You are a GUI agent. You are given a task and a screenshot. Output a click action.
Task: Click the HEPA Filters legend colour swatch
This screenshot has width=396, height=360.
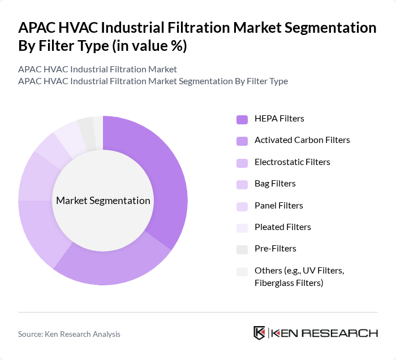(242, 119)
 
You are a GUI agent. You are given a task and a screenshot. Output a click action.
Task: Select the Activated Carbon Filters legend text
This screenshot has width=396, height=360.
(302, 140)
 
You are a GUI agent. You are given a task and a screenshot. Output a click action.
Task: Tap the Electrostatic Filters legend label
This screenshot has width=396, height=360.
(292, 162)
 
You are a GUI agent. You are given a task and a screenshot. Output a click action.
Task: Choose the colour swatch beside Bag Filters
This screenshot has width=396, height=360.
(242, 184)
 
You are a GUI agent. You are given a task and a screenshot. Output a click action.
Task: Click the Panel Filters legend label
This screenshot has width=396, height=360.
(278, 205)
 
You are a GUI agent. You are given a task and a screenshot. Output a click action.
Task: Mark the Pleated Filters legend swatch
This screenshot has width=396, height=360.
(242, 227)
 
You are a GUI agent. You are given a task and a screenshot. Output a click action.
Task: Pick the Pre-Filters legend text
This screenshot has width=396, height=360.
(275, 248)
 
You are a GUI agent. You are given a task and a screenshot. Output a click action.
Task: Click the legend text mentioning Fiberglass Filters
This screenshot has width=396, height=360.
(289, 283)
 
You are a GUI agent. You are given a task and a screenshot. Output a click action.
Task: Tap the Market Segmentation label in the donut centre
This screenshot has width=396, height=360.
(103, 201)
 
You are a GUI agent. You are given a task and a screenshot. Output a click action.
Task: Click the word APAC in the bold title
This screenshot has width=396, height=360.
(37, 28)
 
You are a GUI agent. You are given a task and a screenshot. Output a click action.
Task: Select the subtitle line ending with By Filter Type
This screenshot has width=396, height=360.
(153, 81)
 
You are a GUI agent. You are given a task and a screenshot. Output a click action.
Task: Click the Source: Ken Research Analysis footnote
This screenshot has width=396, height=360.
(69, 334)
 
